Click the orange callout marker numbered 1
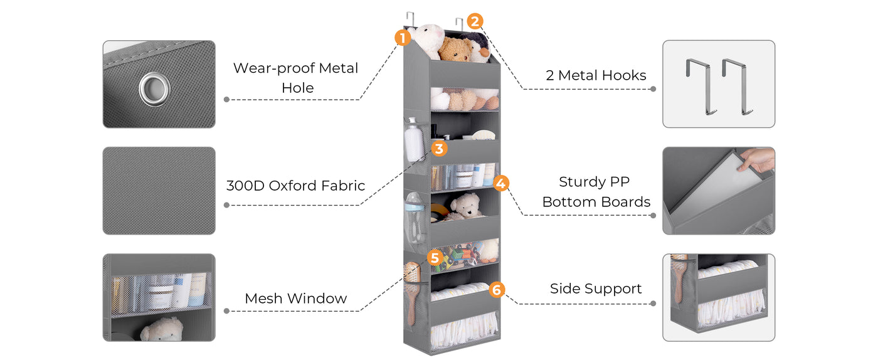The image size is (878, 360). [402, 37]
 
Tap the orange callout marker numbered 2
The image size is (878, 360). [475, 21]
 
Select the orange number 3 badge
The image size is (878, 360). [438, 149]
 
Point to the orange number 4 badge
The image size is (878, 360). [500, 183]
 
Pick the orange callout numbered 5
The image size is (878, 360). [434, 258]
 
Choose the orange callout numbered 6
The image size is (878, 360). [496, 290]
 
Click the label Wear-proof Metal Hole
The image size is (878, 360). [296, 78]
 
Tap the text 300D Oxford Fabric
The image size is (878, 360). [295, 186]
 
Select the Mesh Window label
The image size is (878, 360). [295, 299]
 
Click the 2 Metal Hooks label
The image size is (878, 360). [595, 75]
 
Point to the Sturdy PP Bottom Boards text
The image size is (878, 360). [596, 191]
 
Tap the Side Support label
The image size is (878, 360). [596, 289]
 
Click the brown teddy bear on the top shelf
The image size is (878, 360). [456, 48]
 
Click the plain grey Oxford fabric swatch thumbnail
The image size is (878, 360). [159, 191]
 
